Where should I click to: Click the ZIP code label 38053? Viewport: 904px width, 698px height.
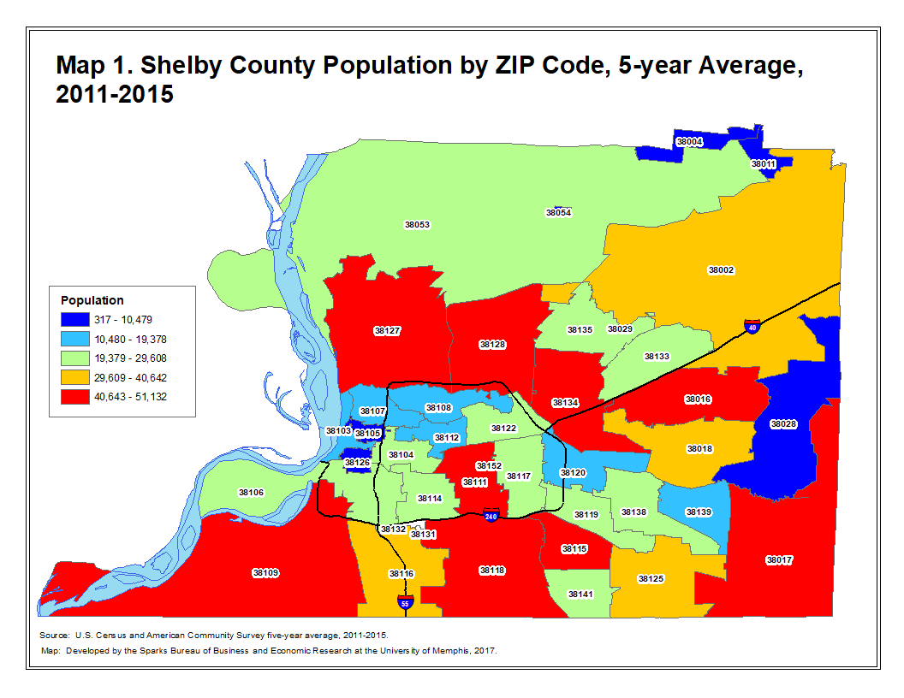coord(417,224)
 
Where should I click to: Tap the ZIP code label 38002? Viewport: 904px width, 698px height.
coord(721,269)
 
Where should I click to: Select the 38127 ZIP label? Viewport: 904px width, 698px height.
coord(387,330)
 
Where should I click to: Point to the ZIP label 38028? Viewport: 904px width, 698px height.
coord(782,423)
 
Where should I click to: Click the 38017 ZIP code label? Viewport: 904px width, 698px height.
coord(779,560)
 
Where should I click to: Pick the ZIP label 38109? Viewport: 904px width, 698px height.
coord(265,572)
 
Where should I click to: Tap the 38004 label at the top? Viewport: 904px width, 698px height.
coord(689,141)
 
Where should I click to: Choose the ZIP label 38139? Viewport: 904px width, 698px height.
coord(698,512)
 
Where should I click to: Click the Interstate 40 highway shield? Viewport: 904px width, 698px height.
coord(751,328)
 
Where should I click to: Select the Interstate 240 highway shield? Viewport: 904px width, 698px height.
coord(491,517)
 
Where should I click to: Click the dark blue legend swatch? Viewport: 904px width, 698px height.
coord(74,319)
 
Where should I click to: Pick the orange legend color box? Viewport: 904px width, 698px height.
coord(74,377)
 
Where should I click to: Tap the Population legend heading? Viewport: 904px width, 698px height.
coord(92,300)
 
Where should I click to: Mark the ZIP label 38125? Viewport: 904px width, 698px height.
coord(651,579)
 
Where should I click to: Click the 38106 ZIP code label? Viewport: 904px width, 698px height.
coord(251,493)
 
